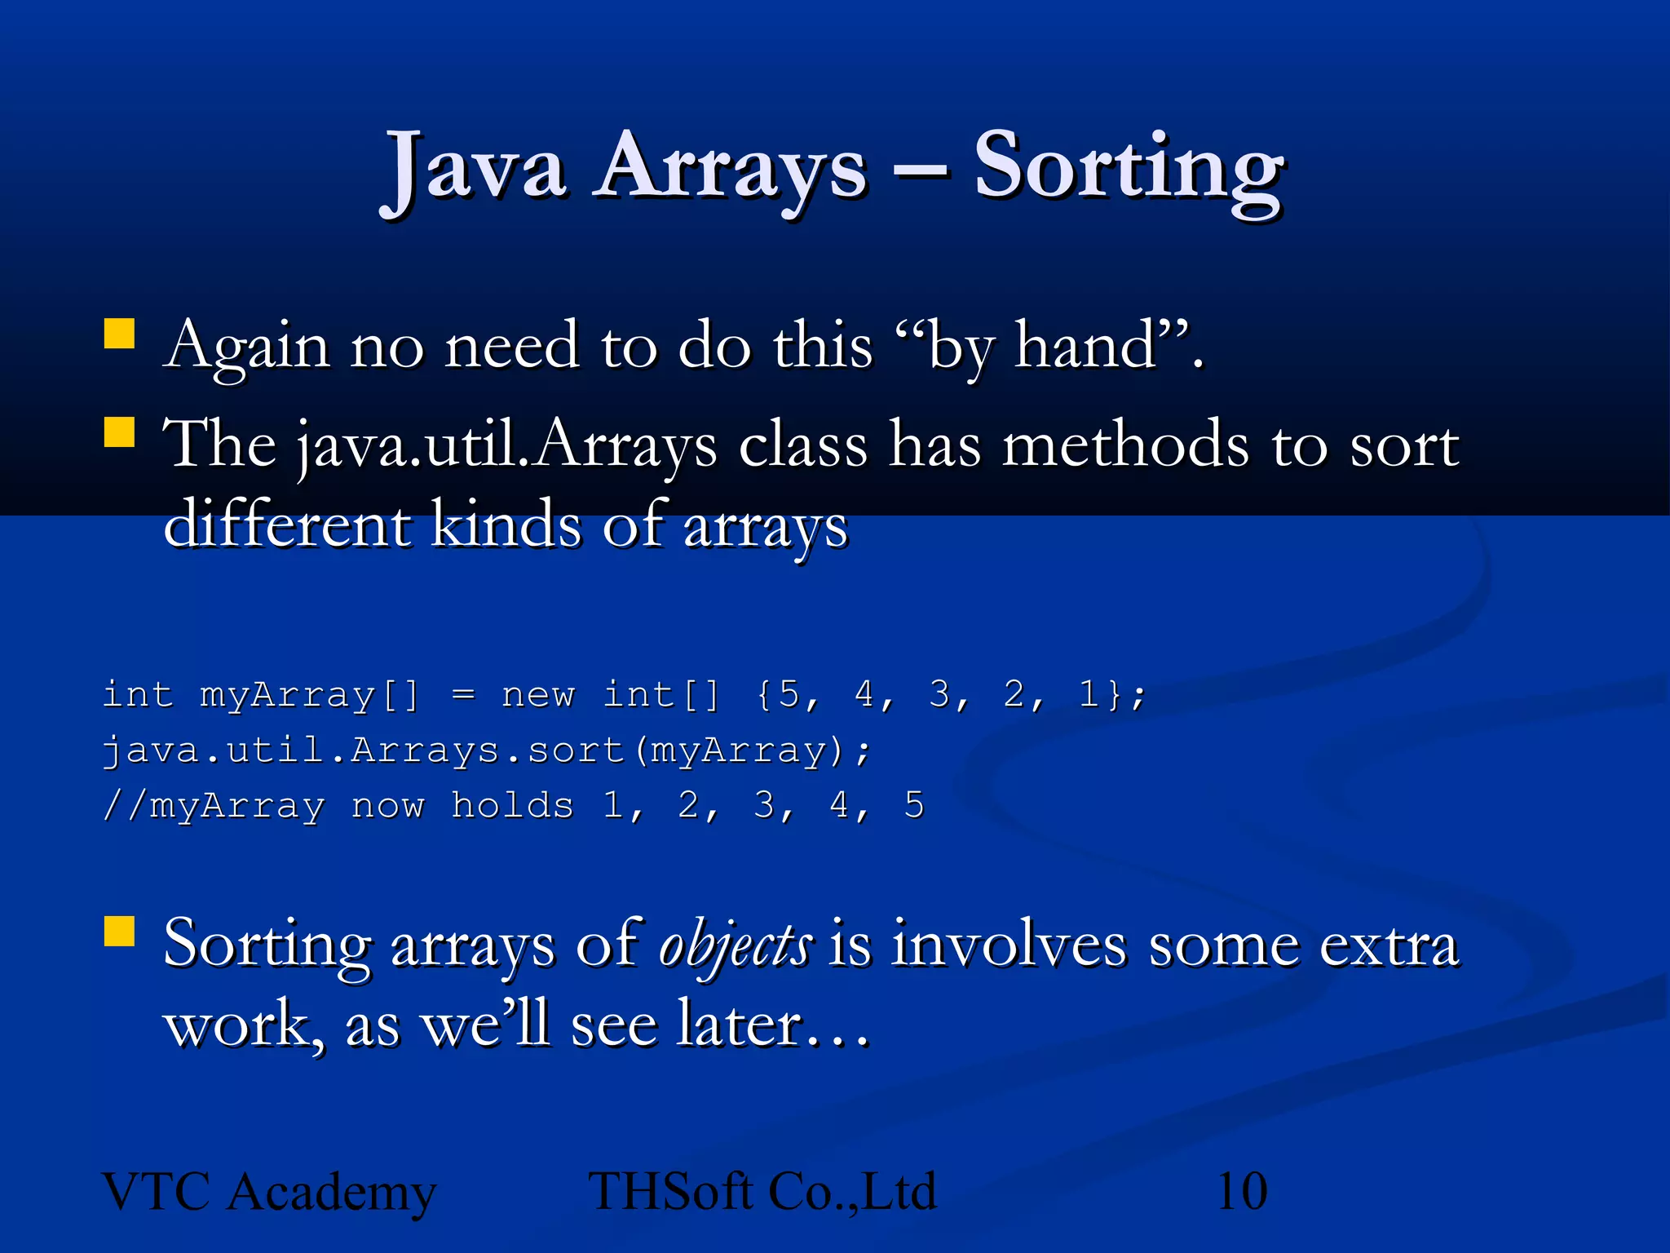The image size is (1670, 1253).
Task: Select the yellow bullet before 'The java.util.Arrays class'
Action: [x=119, y=432]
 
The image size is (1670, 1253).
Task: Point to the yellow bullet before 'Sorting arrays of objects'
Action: [x=119, y=931]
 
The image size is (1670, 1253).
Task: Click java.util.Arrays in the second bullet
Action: [x=506, y=445]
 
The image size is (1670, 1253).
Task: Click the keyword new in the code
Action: [x=538, y=695]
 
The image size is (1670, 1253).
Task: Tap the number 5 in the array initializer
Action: [x=789, y=695]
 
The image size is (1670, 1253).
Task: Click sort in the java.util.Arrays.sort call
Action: [x=576, y=750]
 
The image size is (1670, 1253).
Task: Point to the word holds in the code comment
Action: [x=512, y=806]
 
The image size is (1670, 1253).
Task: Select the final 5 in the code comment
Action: [x=914, y=806]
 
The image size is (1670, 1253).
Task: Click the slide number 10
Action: [x=1241, y=1192]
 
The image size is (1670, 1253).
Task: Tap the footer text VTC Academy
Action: [x=269, y=1192]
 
